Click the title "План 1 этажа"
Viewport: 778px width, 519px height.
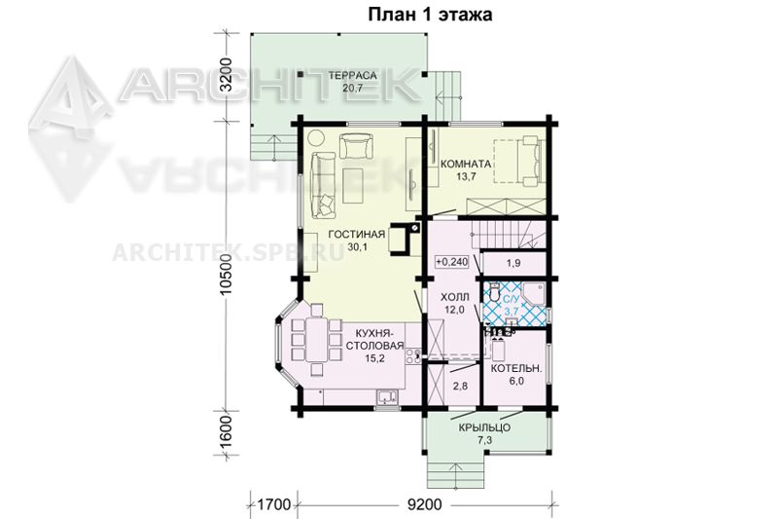click(x=430, y=15)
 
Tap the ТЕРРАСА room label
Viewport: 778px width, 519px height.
click(x=353, y=76)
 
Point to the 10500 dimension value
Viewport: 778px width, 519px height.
click(x=226, y=274)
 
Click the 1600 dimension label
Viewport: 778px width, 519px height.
click(x=226, y=431)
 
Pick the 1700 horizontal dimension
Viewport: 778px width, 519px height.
click(x=274, y=504)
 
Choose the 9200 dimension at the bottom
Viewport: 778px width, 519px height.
click(x=424, y=504)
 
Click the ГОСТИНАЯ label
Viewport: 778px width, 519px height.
click(x=356, y=235)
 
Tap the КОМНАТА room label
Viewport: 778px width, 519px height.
click(x=466, y=164)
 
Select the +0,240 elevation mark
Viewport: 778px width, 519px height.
click(x=452, y=261)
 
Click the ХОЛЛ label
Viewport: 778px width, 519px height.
click(x=454, y=298)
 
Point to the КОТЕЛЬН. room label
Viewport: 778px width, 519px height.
click(x=516, y=368)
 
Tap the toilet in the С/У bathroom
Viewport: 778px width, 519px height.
click(x=494, y=291)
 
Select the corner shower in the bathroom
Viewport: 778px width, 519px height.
click(x=533, y=294)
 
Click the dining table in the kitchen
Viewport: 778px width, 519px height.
click(x=315, y=340)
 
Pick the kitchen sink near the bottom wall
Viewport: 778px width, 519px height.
click(x=386, y=396)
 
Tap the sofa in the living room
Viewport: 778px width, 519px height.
click(x=323, y=185)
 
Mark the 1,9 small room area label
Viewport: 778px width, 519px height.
click(x=513, y=263)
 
